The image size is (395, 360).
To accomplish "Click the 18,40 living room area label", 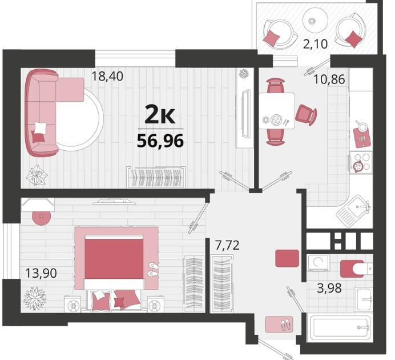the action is tap(107, 76).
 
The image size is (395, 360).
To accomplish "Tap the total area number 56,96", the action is tap(160, 141).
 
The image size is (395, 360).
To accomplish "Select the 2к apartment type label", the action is tap(160, 115).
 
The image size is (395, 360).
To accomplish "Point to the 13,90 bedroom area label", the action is tap(41, 273).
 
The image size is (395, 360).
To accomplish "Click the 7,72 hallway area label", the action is tap(227, 245).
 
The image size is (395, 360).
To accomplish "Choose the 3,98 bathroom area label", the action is tap(329, 288).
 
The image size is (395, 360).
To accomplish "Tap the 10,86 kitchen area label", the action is tap(329, 79).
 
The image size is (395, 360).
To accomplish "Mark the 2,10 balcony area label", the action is tap(315, 45).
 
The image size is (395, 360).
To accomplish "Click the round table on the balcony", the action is tap(315, 20).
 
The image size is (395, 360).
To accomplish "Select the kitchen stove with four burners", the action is tap(361, 163).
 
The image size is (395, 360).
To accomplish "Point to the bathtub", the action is tap(340, 327).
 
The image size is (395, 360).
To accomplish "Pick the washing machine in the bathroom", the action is tap(318, 263).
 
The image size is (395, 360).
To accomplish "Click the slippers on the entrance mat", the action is tap(285, 324).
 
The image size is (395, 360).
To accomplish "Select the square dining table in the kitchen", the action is tap(277, 111).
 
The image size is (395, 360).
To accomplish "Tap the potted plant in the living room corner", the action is tap(37, 175).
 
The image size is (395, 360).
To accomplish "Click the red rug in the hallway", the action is tap(287, 258).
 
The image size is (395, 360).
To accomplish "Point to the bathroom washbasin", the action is tap(363, 299).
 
